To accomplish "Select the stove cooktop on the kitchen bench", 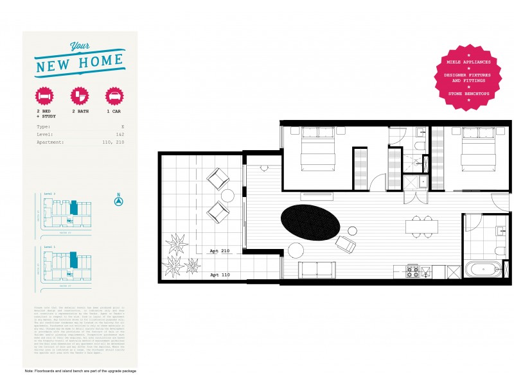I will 412,271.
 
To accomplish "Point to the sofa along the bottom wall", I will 317,269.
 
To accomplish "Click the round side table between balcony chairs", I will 227,194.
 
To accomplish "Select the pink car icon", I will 114,96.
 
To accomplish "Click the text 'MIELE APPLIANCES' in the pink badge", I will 469,62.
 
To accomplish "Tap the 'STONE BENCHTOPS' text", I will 469,94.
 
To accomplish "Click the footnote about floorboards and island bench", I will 80,372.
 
